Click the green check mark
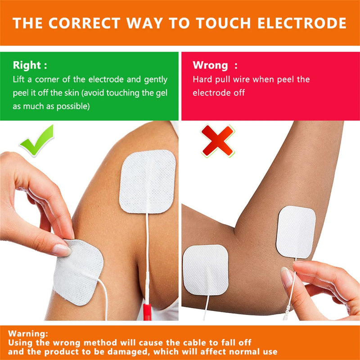coord(37,140)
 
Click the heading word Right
coord(27,65)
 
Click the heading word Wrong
coord(210,65)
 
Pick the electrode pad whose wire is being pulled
coord(296,232)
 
